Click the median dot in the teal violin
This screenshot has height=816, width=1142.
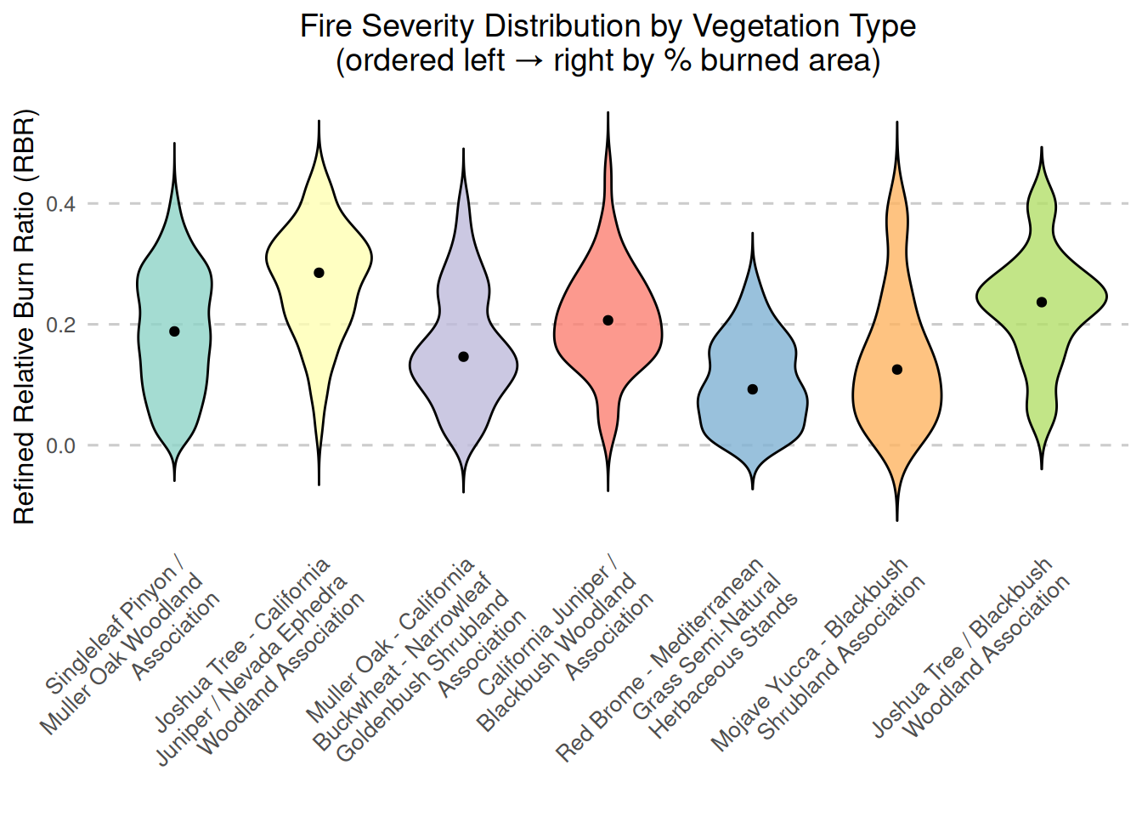[174, 331]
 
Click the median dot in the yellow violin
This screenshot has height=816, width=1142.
[319, 273]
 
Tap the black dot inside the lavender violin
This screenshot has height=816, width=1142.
[463, 357]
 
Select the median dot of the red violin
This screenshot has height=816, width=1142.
[608, 320]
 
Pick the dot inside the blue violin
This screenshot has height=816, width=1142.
[752, 389]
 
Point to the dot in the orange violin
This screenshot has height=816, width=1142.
[896, 370]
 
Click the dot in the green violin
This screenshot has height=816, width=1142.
[1041, 303]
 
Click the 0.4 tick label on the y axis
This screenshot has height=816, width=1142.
[60, 204]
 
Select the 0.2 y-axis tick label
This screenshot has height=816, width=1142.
[60, 325]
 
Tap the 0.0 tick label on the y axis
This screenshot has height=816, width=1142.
[60, 445]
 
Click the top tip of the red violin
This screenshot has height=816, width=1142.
[608, 112]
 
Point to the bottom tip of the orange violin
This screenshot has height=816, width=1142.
[896, 520]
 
